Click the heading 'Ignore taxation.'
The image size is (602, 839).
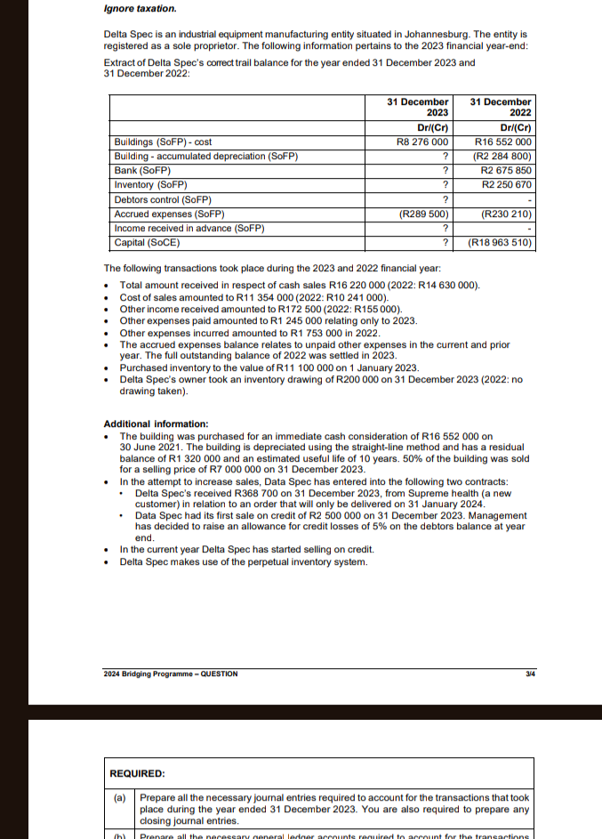click(140, 9)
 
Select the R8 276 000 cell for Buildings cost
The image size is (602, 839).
click(421, 141)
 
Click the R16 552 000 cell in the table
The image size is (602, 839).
click(502, 141)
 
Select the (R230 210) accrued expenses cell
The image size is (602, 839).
click(504, 214)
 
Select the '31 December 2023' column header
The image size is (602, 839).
click(418, 108)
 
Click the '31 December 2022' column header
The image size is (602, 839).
click(501, 108)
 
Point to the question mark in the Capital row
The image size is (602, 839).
click(445, 242)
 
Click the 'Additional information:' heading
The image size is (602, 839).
click(156, 424)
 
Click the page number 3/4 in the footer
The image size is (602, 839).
click(530, 674)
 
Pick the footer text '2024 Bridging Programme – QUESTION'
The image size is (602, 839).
click(171, 674)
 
